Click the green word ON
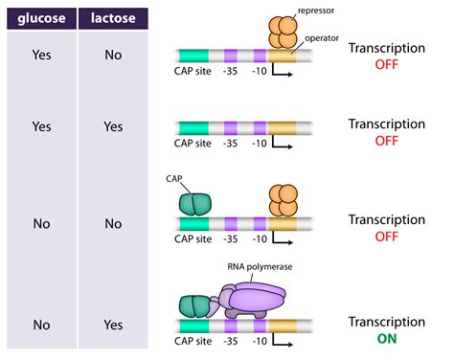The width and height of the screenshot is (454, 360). coord(387,338)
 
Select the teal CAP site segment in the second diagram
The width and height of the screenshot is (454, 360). coord(198,127)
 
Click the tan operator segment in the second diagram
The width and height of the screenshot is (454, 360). coord(283,127)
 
